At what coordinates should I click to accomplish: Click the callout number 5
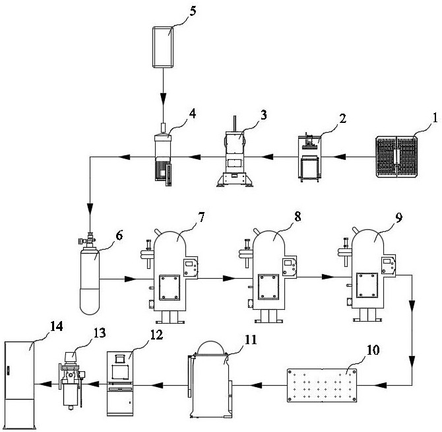click(193, 12)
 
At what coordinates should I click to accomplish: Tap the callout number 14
click(56, 326)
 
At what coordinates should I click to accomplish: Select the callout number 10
click(373, 350)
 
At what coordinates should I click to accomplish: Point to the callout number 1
click(435, 118)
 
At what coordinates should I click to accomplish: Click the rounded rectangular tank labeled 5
click(163, 47)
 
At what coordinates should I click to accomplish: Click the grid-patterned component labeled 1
click(396, 157)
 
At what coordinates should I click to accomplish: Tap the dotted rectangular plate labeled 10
click(322, 385)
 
